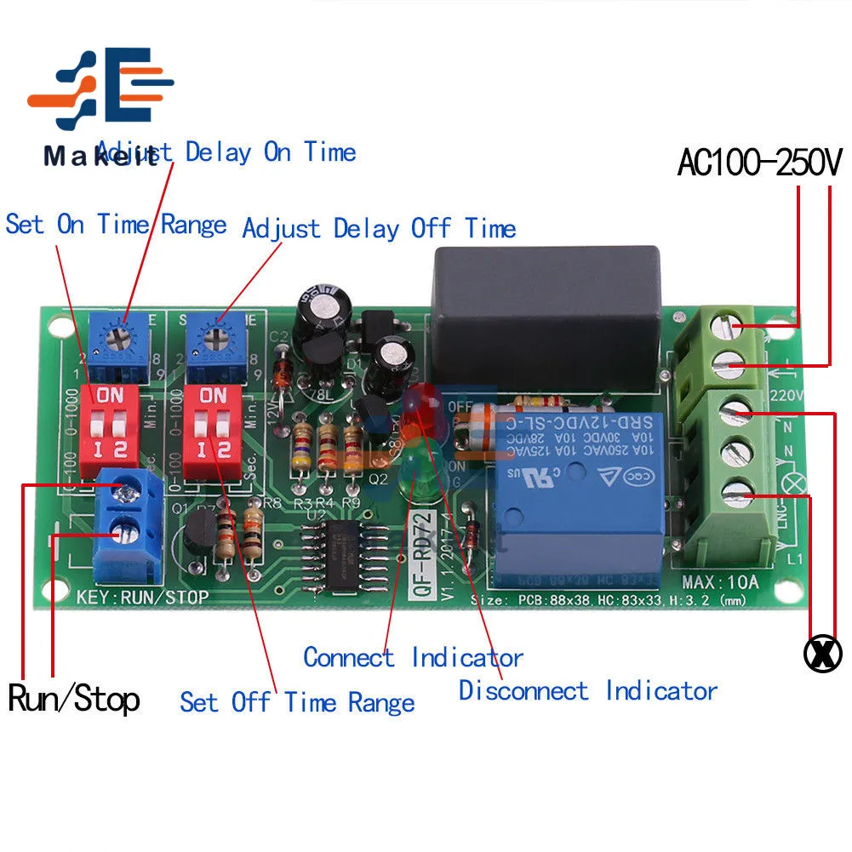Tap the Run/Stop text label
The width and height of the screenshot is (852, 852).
point(74,699)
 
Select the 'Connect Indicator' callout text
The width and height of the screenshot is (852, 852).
point(413,657)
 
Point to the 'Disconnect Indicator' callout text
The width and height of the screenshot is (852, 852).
point(587,689)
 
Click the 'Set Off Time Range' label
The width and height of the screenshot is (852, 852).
point(297,702)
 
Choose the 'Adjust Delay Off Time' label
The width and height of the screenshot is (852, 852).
point(379,229)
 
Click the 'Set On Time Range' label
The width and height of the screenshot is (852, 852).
point(116,225)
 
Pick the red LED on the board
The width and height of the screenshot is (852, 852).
point(416,414)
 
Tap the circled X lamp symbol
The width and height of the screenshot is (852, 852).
point(822,653)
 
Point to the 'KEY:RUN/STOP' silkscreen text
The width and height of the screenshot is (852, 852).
point(141,598)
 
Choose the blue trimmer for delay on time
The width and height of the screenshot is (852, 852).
point(123,340)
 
